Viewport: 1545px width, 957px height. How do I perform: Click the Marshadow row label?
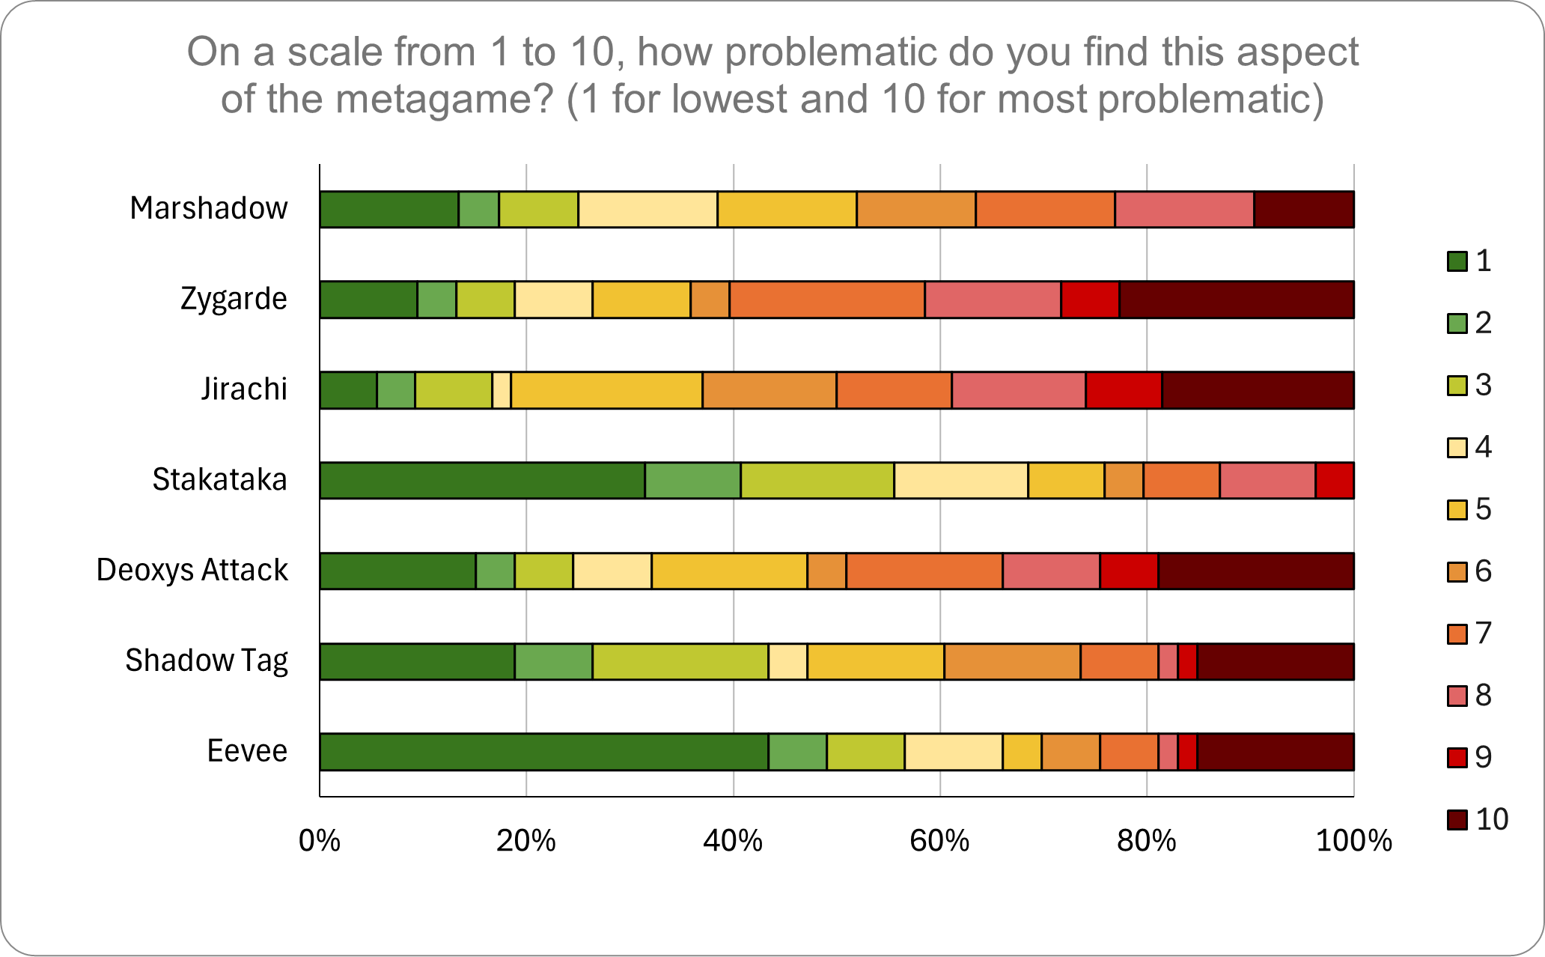tap(208, 209)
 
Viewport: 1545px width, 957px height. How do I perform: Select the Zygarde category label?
tap(234, 300)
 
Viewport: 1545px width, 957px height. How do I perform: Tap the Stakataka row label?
tap(219, 480)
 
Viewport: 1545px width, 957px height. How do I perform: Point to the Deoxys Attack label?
tap(192, 571)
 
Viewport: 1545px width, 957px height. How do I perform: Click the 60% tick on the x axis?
tap(939, 841)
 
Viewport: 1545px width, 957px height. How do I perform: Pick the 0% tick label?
tap(320, 841)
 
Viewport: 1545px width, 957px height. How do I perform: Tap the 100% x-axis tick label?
tap(1353, 841)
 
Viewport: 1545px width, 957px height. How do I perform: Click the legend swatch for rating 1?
tap(1457, 261)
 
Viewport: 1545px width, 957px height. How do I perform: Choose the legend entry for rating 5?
tap(1470, 510)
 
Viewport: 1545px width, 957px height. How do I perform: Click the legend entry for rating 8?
tap(1470, 696)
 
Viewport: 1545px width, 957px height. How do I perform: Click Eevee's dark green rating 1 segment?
tap(543, 752)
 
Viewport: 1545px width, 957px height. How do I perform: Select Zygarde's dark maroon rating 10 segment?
tap(1237, 300)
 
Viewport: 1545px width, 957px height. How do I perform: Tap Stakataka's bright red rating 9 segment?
tap(1335, 480)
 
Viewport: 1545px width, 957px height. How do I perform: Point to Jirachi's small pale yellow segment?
tap(502, 390)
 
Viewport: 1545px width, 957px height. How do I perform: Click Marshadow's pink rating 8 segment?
tap(1184, 209)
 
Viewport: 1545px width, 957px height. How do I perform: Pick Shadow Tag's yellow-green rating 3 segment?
tap(680, 661)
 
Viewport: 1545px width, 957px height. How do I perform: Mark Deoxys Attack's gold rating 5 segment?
tap(729, 571)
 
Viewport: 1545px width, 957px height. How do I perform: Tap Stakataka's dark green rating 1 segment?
tap(482, 480)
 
